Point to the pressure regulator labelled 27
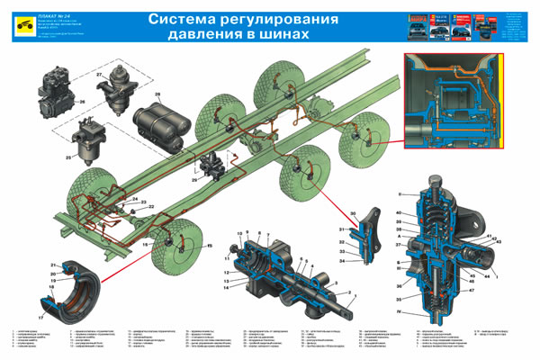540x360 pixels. pos(118,90)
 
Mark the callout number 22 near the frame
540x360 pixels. pos(150,207)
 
